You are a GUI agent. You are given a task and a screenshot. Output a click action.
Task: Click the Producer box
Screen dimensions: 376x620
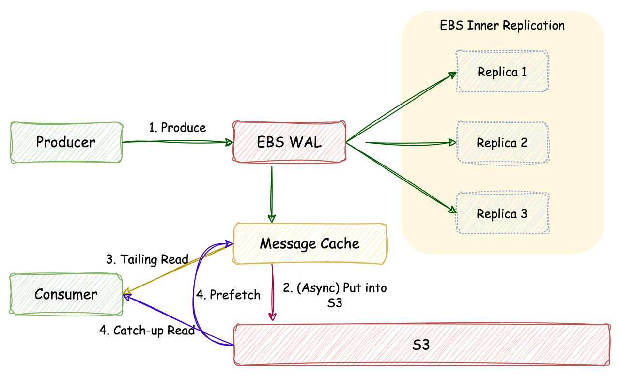click(66, 142)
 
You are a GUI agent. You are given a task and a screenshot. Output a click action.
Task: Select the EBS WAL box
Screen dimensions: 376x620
click(290, 142)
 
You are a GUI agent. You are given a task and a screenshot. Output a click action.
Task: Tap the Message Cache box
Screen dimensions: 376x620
click(310, 243)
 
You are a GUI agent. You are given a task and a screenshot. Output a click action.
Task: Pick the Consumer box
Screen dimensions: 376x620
click(66, 294)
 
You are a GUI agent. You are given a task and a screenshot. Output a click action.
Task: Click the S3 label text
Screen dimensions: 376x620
click(421, 345)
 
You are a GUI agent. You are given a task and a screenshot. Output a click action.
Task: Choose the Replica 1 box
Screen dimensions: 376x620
click(502, 72)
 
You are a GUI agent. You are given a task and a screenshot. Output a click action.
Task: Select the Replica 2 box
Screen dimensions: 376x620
click(502, 143)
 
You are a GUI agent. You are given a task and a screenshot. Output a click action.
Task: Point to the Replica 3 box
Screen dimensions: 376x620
click(502, 213)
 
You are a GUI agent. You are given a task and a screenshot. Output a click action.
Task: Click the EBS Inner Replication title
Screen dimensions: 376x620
click(502, 25)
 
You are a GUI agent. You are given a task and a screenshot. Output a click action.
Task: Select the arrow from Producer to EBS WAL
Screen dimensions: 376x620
click(177, 142)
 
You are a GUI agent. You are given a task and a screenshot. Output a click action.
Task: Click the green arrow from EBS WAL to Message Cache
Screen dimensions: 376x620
click(271, 194)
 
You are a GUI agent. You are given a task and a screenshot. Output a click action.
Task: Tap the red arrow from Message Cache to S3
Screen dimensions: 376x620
click(272, 293)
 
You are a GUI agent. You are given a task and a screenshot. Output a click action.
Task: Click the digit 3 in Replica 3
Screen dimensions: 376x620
click(523, 213)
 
